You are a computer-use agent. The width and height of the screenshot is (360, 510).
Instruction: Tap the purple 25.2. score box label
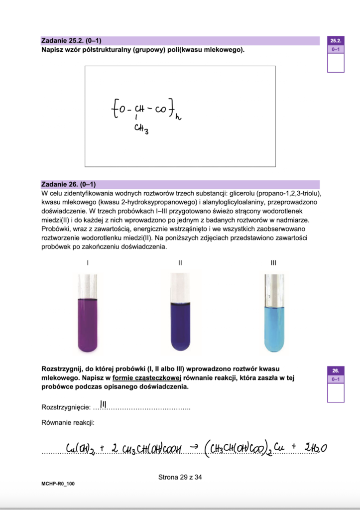point(336,40)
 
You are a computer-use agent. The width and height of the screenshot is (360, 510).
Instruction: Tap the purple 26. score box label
point(336,371)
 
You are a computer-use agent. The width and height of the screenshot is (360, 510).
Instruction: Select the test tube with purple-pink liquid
point(88,313)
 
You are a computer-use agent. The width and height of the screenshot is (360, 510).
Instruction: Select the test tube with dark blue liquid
point(181,313)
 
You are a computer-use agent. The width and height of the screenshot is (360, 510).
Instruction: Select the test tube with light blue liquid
point(274,313)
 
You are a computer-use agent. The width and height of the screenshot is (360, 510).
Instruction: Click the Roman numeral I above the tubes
point(88,262)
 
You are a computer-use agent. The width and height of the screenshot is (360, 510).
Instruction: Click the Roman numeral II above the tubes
point(180,262)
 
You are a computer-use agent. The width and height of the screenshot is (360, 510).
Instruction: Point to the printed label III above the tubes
point(273,262)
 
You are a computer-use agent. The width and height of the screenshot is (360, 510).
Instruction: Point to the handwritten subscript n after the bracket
point(177,118)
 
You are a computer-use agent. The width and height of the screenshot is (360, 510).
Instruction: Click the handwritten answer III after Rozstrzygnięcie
point(103,404)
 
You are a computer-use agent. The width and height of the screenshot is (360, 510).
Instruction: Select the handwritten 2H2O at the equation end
point(316,448)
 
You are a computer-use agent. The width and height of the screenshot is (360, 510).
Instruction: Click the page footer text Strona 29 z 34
point(180,477)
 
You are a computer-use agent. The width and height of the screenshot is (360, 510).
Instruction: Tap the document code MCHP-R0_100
point(59,484)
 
